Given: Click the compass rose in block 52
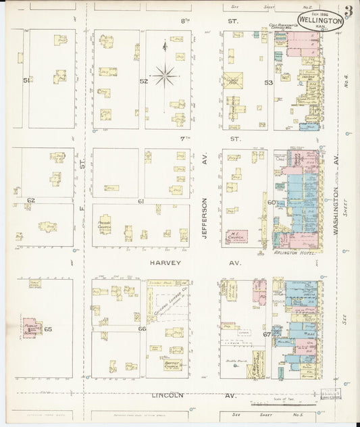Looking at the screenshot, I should click(x=164, y=75).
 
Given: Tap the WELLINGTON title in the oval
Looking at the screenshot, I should click(x=319, y=20).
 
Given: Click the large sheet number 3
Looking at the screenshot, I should click(x=347, y=11).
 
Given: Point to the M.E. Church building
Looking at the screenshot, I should click(x=236, y=236).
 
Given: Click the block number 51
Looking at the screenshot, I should click(x=27, y=80).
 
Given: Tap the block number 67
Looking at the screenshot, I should click(x=267, y=334).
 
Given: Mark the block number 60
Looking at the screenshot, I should click(x=271, y=202).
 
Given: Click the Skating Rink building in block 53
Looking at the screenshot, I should click(x=234, y=80).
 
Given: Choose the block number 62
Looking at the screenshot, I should click(x=30, y=201).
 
